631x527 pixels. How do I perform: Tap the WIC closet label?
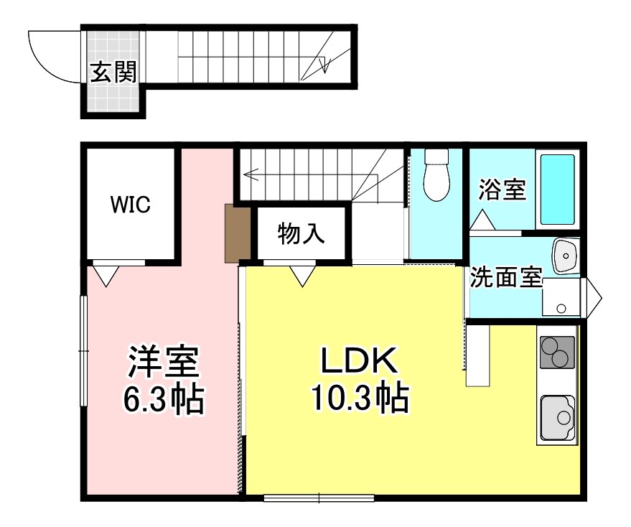(130, 205)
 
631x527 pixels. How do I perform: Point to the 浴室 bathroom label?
(503, 190)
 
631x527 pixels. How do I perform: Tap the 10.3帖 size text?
(360, 398)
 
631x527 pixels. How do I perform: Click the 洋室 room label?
(163, 363)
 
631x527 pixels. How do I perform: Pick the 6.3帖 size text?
(163, 400)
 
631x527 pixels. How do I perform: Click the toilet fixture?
(436, 175)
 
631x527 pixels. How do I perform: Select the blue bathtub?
(556, 189)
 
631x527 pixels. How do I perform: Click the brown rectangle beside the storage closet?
(236, 233)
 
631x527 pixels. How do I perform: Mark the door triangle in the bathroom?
(482, 219)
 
